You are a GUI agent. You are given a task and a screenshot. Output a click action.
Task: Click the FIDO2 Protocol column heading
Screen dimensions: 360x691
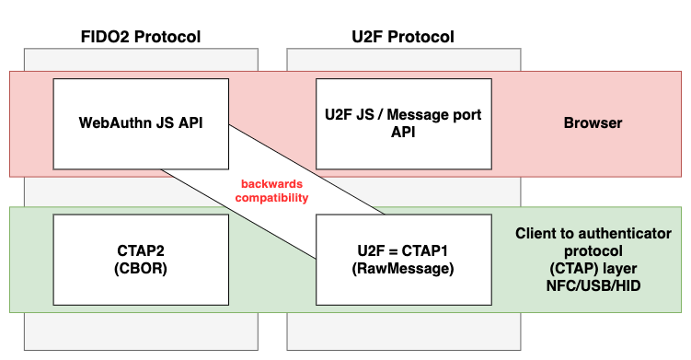(140, 37)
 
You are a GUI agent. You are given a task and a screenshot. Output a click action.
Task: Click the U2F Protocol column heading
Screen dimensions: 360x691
(402, 37)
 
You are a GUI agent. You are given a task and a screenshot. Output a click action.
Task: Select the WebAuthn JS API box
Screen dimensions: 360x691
(141, 122)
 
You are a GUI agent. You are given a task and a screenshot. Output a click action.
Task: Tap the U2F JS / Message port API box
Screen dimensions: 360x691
(403, 122)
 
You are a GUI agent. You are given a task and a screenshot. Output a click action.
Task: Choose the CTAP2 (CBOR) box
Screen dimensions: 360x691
(141, 259)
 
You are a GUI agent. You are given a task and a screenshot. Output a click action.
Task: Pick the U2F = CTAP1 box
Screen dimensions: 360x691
(403, 259)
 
